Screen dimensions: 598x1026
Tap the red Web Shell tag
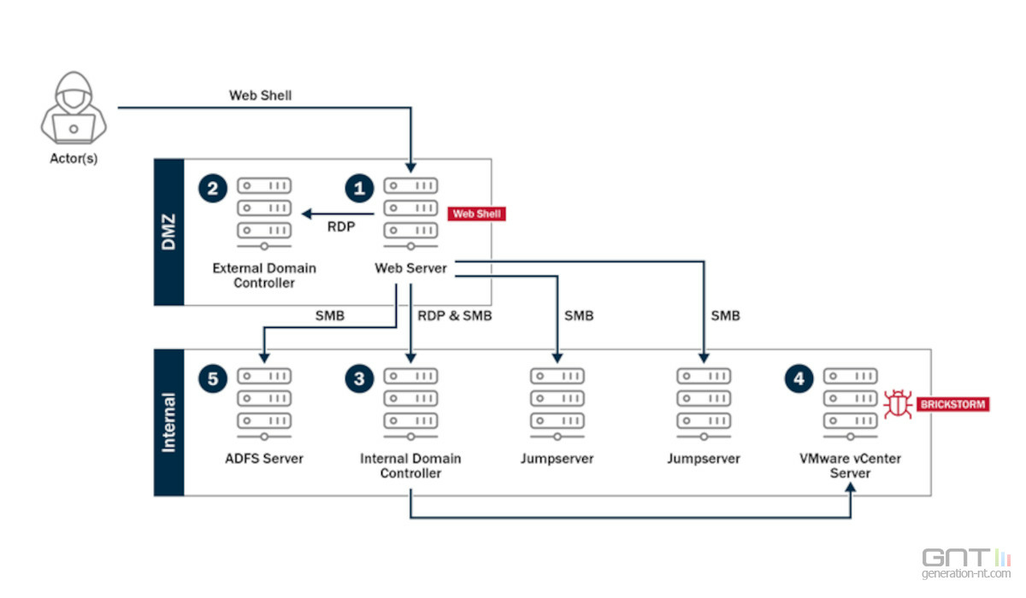coord(476,214)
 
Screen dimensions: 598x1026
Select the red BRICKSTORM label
coord(952,404)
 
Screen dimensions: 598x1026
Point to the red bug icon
coord(898,404)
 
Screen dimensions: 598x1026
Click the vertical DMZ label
coord(169,232)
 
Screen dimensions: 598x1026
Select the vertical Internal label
coord(169,422)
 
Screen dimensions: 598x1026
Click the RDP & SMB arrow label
coord(454,316)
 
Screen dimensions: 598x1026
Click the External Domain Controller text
coord(264,275)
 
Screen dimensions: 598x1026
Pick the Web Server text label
coord(410,268)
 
